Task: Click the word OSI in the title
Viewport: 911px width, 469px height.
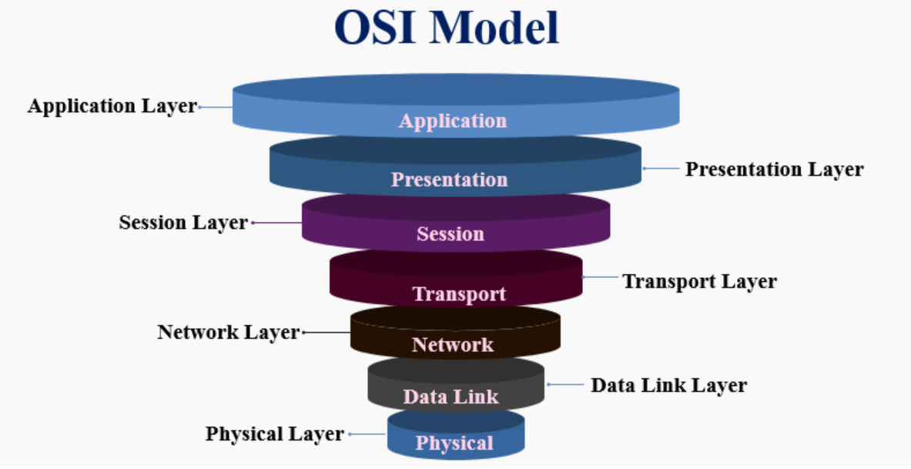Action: (x=376, y=28)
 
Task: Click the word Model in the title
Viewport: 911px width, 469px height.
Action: (x=494, y=28)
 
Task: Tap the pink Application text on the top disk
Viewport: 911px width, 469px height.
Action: (x=453, y=121)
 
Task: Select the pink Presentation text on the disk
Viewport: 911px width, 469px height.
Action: (x=450, y=179)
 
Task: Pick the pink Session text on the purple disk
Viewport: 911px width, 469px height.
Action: (x=450, y=233)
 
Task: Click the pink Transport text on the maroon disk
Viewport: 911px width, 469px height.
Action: (x=459, y=294)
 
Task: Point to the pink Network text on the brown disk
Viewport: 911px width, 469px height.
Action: (x=453, y=344)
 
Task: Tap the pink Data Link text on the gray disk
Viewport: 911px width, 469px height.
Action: (x=451, y=397)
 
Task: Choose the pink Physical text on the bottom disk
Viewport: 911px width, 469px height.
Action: (x=454, y=443)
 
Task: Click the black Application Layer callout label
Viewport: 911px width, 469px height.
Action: (x=112, y=106)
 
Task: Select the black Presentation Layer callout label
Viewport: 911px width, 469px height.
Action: (x=775, y=169)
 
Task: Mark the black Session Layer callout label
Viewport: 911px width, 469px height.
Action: (x=183, y=223)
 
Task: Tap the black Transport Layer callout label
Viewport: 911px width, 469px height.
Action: (x=699, y=281)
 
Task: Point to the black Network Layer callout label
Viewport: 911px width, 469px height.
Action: (x=228, y=332)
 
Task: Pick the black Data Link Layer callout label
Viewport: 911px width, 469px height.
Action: (x=668, y=384)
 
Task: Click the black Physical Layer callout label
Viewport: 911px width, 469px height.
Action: (x=274, y=434)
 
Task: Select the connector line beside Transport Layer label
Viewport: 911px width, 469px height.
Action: (x=601, y=276)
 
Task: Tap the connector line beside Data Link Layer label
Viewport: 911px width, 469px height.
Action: (x=566, y=384)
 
